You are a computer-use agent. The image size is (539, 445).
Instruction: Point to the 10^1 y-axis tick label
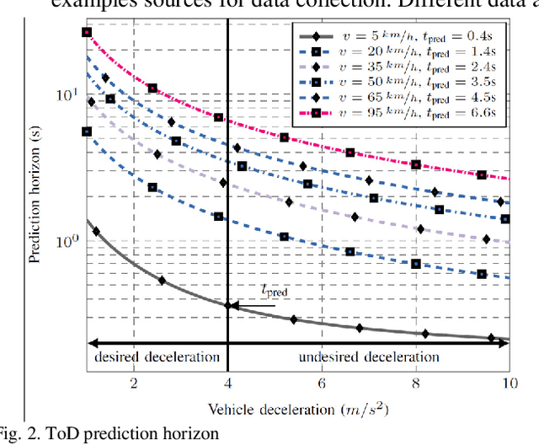coord(68,94)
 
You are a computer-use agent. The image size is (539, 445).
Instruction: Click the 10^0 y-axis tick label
coord(68,240)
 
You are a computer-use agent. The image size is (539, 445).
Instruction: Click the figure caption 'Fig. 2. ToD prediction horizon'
coord(109,434)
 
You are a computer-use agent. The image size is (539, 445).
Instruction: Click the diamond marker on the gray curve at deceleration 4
coord(227,304)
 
